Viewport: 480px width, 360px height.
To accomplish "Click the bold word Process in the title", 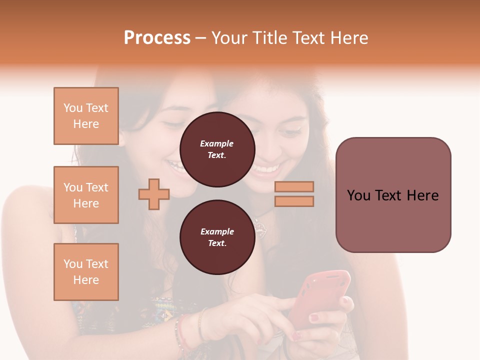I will click(x=157, y=38).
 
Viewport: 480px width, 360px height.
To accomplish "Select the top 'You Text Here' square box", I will click(x=86, y=116).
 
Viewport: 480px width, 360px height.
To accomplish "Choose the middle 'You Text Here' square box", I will click(x=86, y=195).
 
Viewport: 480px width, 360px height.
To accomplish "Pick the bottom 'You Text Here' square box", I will click(x=86, y=272).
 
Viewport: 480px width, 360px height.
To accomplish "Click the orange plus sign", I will click(x=154, y=194).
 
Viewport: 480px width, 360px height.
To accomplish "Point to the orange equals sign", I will click(x=294, y=194).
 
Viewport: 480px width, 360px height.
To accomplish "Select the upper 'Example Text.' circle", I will click(x=217, y=149).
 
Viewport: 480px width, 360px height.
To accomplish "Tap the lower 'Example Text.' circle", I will click(x=217, y=237).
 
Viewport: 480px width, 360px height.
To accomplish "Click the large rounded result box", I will click(x=393, y=195).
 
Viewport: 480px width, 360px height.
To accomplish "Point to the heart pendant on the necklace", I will click(x=259, y=225).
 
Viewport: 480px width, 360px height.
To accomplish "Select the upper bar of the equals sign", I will click(x=294, y=187).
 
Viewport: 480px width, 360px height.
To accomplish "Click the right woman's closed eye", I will click(x=289, y=133).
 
